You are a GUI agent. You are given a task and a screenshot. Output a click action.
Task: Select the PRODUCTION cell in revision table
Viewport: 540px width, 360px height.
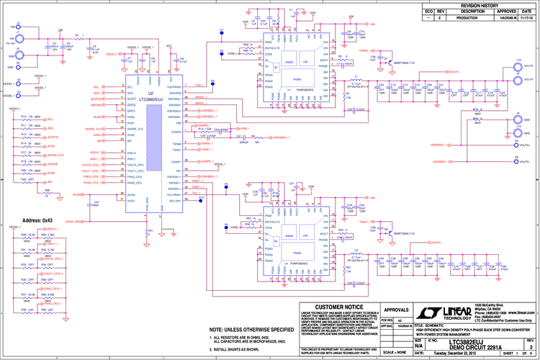point(472,18)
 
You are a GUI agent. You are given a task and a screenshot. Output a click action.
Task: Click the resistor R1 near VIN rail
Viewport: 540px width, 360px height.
point(77,37)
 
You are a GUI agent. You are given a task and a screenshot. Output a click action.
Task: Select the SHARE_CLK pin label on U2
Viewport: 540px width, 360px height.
point(135,129)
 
